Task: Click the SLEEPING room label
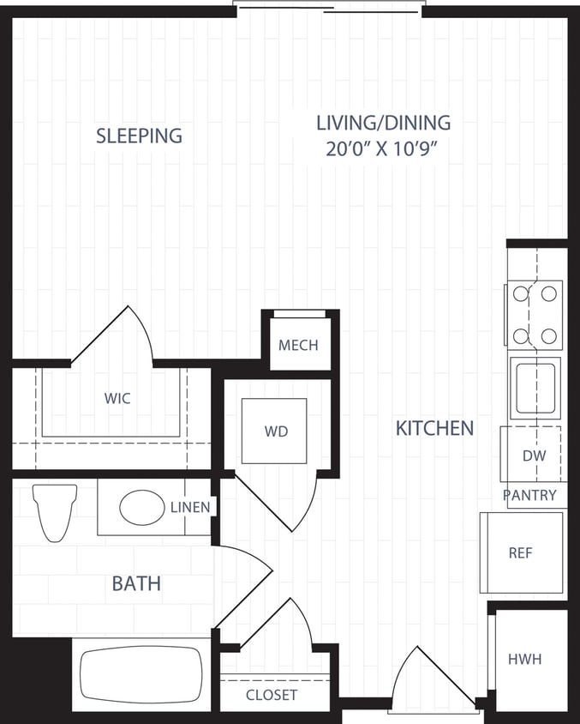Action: pyautogui.click(x=139, y=136)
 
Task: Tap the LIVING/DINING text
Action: pyautogui.click(x=383, y=123)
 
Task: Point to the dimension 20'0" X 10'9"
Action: pyautogui.click(x=383, y=148)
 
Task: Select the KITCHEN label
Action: pyautogui.click(x=434, y=428)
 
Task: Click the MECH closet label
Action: pyautogui.click(x=298, y=346)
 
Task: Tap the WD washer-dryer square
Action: pyautogui.click(x=275, y=431)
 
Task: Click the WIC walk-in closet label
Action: pyautogui.click(x=117, y=399)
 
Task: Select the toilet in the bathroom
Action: pyautogui.click(x=55, y=512)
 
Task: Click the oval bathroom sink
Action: pyautogui.click(x=141, y=507)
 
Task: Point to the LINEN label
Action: pyautogui.click(x=190, y=507)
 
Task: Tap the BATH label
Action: pyautogui.click(x=136, y=584)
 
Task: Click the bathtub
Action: pyautogui.click(x=141, y=674)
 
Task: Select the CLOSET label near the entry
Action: pyautogui.click(x=272, y=695)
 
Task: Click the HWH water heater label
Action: pyautogui.click(x=524, y=659)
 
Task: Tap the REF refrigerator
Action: pyautogui.click(x=521, y=553)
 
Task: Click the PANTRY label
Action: pyautogui.click(x=529, y=495)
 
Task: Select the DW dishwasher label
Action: pyautogui.click(x=534, y=456)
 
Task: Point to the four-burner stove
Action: pyautogui.click(x=535, y=314)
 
